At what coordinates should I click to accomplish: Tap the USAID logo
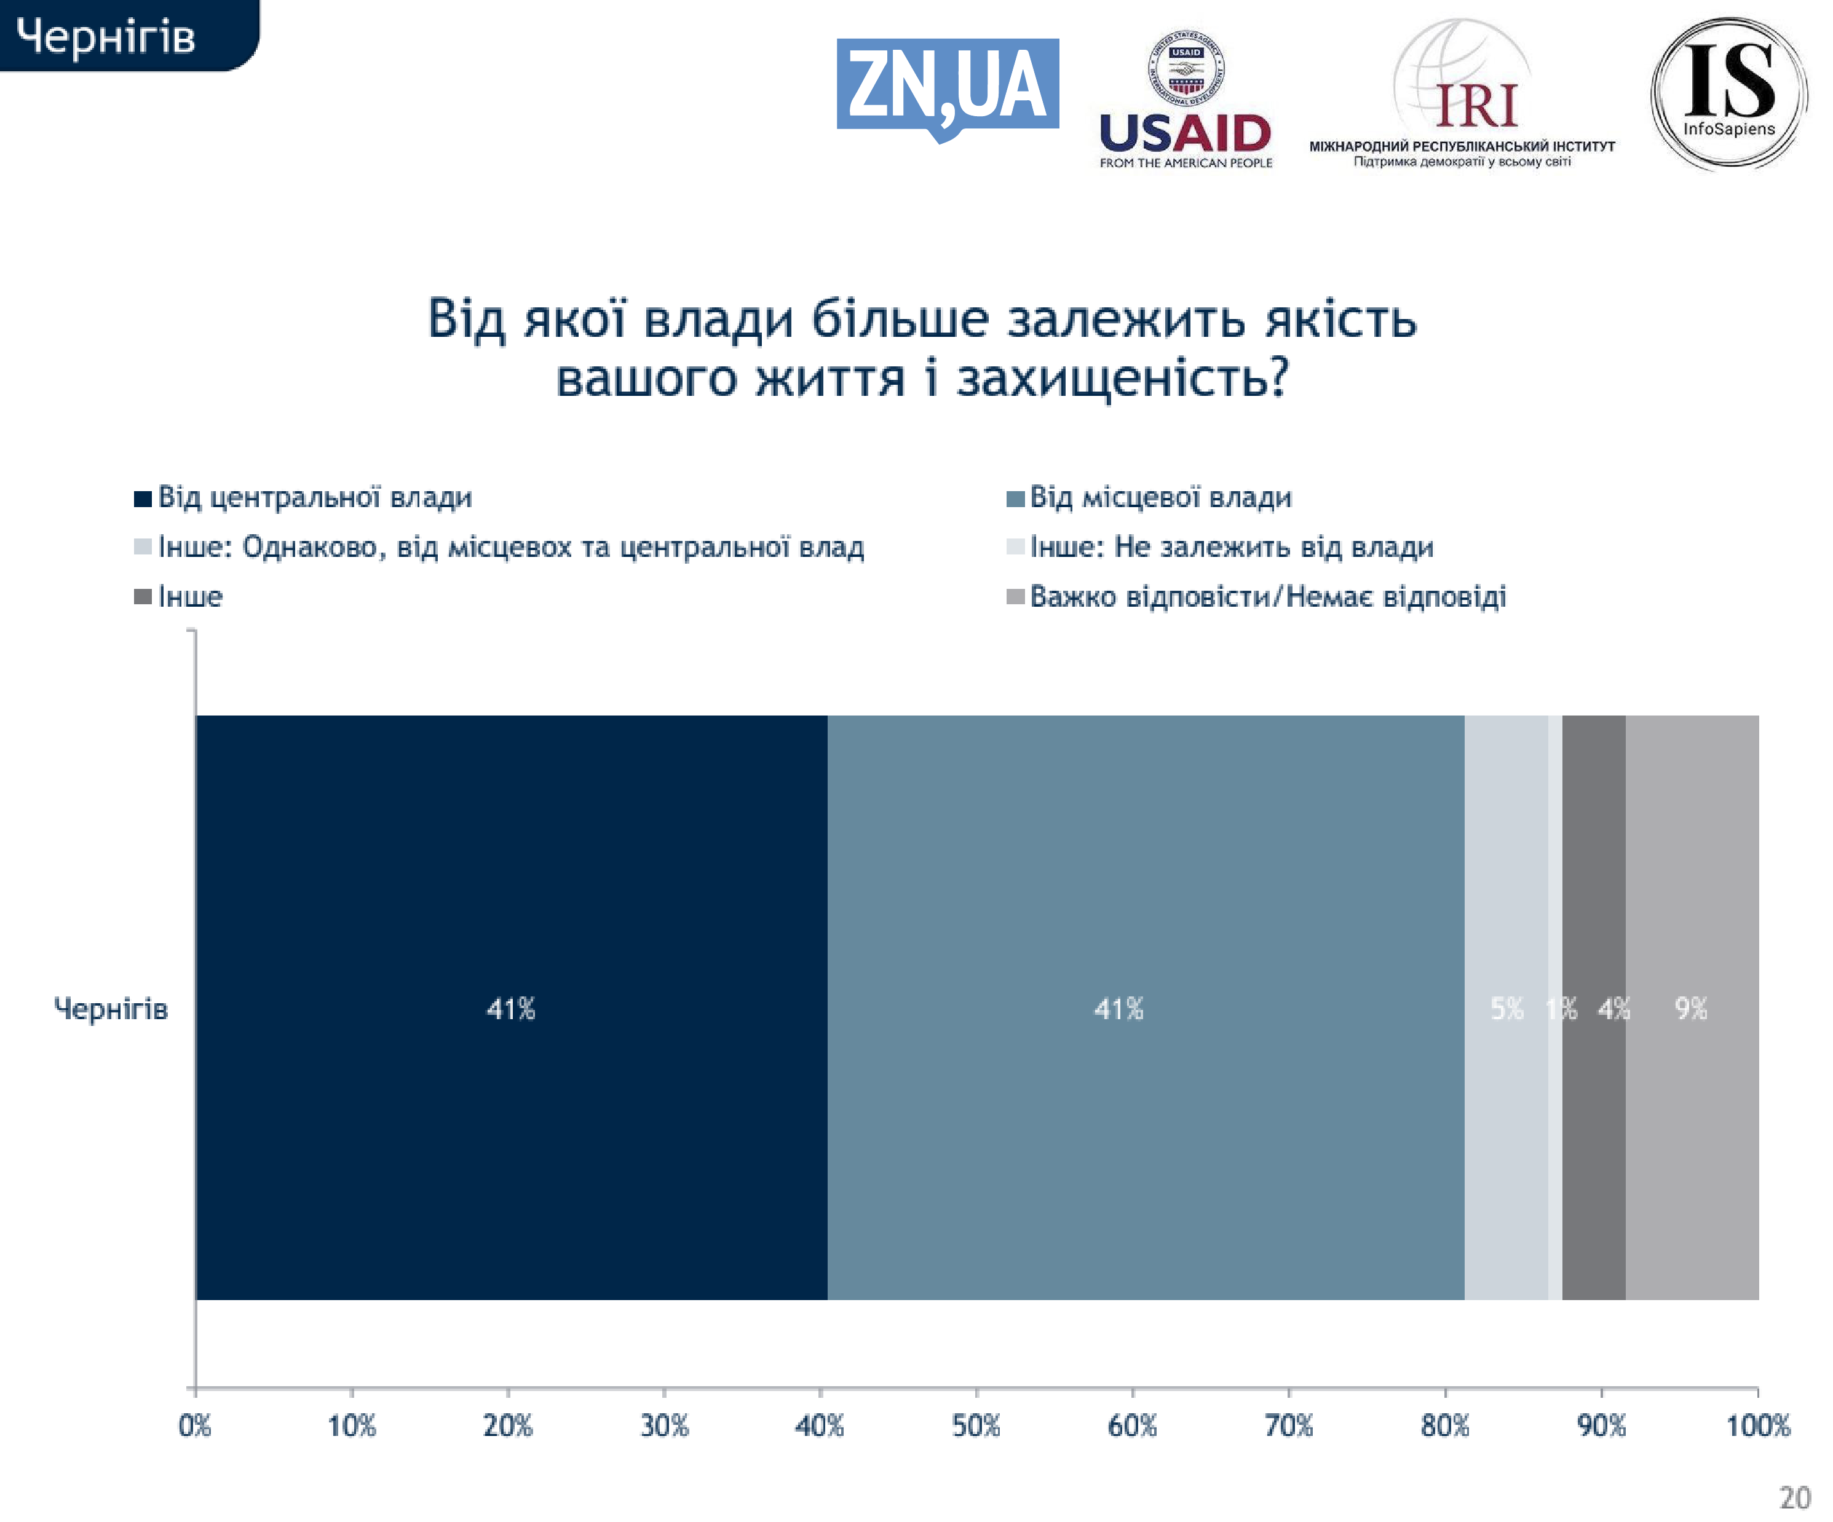click(1186, 100)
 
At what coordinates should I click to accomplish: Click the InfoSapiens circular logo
click(1728, 93)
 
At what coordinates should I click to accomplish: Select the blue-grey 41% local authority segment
click(1145, 1009)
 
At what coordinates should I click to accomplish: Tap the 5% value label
click(1506, 1009)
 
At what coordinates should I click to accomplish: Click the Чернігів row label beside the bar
click(111, 1009)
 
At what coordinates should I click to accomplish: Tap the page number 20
click(1795, 1497)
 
